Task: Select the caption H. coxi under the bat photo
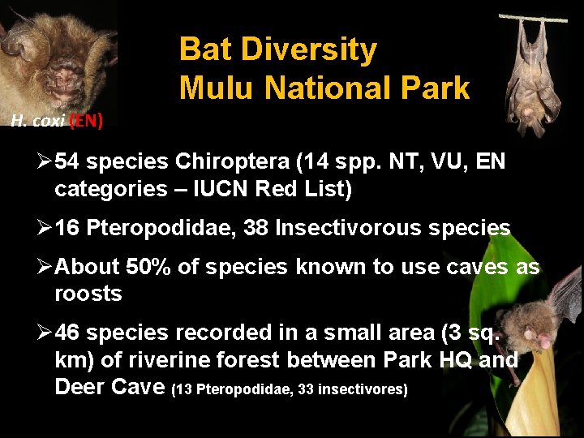[x=37, y=122]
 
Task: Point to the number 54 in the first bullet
[x=67, y=162]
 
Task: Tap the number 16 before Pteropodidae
[x=67, y=229]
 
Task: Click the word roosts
[x=88, y=294]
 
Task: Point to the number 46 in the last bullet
[x=67, y=333]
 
